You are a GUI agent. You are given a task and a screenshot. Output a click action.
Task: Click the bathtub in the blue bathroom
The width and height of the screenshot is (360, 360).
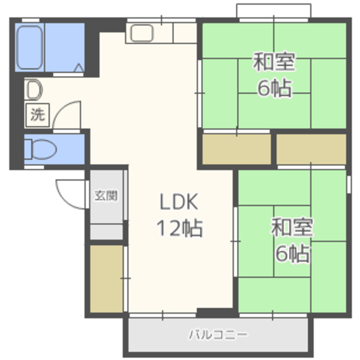30,47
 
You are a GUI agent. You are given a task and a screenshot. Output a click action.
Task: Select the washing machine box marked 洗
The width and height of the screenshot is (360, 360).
38,115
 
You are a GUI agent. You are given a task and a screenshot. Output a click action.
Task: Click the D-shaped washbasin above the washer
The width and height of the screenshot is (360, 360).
34,89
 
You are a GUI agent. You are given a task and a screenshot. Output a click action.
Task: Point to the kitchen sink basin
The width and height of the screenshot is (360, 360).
142,33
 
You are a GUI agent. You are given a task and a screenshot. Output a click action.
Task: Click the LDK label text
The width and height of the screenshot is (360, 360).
179,202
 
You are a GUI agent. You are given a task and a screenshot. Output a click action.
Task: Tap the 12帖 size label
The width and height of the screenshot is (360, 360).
179,228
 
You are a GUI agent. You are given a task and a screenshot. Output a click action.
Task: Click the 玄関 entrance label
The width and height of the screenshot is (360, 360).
106,196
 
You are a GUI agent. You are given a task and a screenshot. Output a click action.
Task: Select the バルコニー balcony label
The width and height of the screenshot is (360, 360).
218,335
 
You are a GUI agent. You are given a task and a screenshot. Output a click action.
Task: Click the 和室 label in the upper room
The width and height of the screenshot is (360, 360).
274,61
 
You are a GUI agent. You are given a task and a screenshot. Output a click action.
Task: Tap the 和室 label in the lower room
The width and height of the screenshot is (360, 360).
292,227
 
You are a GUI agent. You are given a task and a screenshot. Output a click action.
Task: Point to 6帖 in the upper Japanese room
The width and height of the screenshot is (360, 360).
274,88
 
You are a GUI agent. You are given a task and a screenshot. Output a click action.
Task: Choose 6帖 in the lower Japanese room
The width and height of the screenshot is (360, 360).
292,254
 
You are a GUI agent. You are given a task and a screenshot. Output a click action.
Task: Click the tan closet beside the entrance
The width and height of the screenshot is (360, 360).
106,279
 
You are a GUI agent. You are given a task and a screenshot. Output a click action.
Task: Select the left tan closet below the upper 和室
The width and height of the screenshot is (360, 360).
236,149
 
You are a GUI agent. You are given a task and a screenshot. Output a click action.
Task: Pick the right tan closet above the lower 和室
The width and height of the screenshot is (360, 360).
311,149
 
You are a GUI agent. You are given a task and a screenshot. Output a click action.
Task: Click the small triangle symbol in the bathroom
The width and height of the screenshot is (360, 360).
79,67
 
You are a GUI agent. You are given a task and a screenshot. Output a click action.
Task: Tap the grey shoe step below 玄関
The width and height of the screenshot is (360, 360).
106,232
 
